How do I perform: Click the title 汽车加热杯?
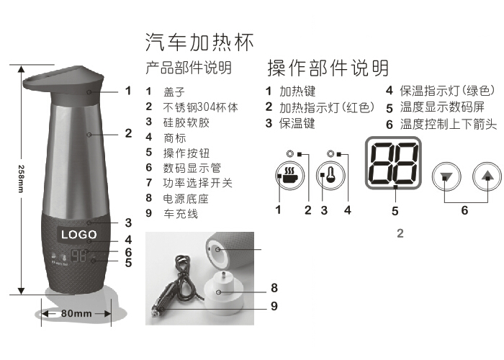pos(199,42)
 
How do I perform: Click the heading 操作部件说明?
pos(328,68)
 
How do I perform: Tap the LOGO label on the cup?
pos(78,234)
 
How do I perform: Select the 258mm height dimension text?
pos(21,179)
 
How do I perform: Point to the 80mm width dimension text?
pos(76,313)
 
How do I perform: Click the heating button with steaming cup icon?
pos(289,176)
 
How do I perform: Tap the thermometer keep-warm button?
pos(330,176)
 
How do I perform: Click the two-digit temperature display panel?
pos(393,163)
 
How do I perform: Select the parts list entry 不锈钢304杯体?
pos(201,107)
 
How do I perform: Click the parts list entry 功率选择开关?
pos(198,183)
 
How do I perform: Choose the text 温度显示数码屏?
pos(442,107)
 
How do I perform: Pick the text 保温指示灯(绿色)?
pos(447,91)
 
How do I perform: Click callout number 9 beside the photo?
pos(274,306)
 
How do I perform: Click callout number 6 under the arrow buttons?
pos(464,210)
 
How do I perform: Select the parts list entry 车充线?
pos(181,214)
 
